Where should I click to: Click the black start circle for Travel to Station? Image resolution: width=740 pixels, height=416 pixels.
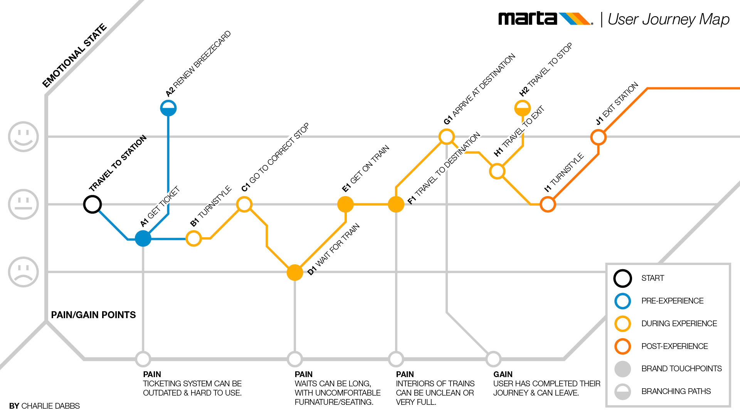92,204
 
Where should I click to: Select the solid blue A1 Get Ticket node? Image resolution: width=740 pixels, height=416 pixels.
143,238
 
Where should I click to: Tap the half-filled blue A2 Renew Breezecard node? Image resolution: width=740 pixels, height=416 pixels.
168,108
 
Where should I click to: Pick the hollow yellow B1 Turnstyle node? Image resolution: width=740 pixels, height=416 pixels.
193,238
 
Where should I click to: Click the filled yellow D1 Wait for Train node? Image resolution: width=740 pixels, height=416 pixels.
295,272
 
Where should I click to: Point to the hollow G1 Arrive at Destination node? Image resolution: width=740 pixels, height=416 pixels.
447,137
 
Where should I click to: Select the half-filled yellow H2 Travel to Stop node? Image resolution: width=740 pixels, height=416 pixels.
523,108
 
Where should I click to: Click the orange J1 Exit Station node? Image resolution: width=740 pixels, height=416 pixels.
598,137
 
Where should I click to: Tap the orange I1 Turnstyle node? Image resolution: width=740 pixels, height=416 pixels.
548,205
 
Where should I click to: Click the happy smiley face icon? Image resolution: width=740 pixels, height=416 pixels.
24,137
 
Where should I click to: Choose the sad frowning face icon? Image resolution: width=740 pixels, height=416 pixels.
24,272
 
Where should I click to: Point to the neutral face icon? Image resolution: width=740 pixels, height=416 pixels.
24,204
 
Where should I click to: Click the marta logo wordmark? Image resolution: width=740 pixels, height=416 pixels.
527,19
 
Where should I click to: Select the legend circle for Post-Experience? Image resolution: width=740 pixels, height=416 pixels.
622,346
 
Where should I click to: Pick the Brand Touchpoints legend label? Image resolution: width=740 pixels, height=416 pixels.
681,369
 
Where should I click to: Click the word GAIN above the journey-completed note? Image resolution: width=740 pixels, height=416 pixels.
503,374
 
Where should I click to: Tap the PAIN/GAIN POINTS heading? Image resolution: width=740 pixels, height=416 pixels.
93,315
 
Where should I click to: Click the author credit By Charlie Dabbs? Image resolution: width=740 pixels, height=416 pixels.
44,406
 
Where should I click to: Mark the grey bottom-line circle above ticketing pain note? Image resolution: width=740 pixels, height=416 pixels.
143,359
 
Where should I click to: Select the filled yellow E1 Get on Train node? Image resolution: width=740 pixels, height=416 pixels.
345,204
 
